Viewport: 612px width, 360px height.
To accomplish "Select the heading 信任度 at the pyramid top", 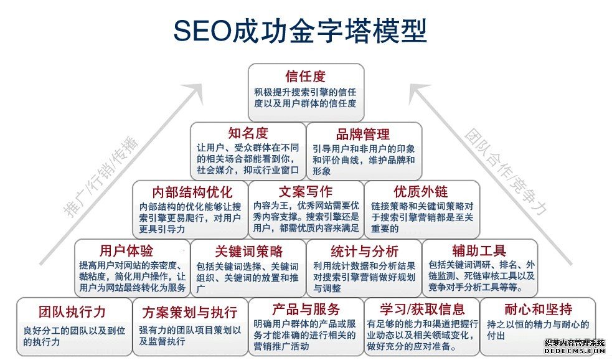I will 306,77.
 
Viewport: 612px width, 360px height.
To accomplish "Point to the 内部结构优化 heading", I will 192,191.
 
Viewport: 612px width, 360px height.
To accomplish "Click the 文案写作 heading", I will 306,191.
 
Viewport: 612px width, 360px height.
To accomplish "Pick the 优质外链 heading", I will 421,191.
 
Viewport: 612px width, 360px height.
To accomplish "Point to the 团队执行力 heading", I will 72,310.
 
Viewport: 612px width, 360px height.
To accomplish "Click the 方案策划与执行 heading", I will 189,310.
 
